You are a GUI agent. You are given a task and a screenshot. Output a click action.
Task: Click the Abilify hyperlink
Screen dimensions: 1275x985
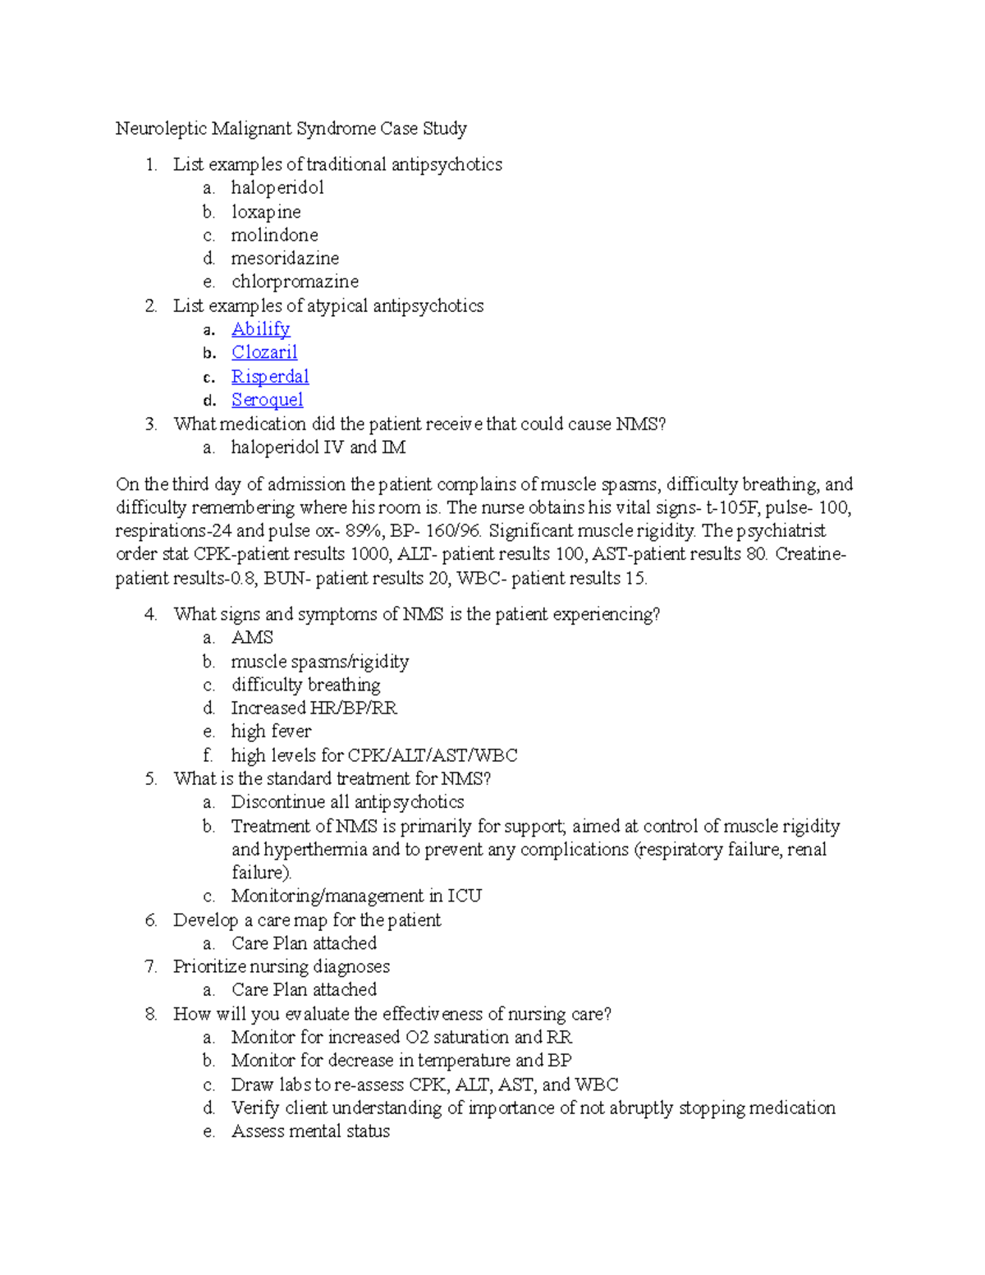coord(260,329)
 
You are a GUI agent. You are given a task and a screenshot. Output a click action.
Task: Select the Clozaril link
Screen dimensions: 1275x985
coord(263,352)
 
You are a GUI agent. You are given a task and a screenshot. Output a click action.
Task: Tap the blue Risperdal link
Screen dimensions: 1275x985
coord(269,377)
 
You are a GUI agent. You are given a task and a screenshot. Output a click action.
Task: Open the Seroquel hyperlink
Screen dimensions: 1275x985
coord(267,400)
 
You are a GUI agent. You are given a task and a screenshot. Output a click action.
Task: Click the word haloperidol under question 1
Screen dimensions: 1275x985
coord(277,188)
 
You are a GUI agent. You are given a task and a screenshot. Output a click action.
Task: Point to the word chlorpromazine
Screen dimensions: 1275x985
coord(295,282)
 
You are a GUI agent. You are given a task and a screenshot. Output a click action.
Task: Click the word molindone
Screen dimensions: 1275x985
coord(274,236)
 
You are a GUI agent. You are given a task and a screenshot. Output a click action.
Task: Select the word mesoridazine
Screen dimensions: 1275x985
coord(285,259)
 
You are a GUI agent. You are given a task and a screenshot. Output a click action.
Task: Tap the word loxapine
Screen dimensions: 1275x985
coord(266,212)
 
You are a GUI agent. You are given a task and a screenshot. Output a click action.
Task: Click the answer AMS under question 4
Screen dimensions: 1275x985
coord(252,638)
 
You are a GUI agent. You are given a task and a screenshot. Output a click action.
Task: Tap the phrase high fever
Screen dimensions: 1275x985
coord(271,732)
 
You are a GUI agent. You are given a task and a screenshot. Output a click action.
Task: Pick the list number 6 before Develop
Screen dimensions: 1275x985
coord(151,920)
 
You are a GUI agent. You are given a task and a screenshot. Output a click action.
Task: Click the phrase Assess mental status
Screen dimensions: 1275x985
coord(310,1131)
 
